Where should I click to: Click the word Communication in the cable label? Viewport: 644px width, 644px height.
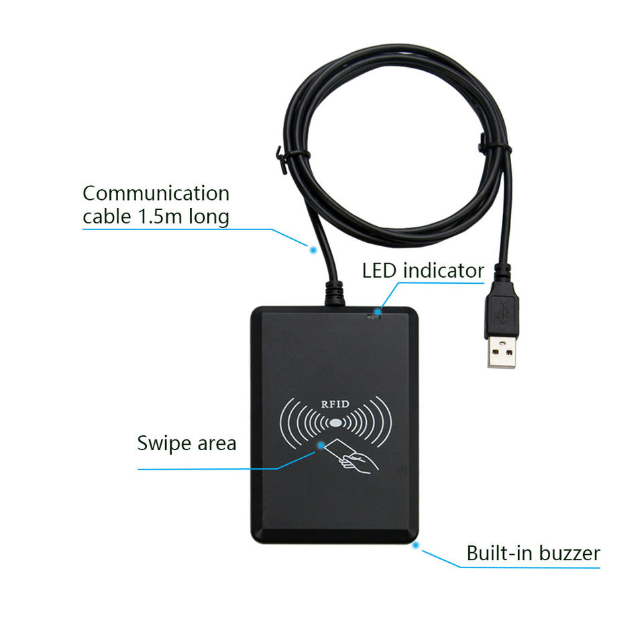156,194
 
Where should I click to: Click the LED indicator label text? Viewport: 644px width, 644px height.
423,270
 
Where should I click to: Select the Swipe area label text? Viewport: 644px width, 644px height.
186,443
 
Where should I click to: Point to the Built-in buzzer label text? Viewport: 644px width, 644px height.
533,553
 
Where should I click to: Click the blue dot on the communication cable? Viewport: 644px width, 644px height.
312,249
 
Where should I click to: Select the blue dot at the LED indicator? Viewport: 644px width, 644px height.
379,311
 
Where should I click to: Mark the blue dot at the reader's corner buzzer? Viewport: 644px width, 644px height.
416,545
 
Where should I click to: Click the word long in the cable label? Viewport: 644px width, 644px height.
207,217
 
